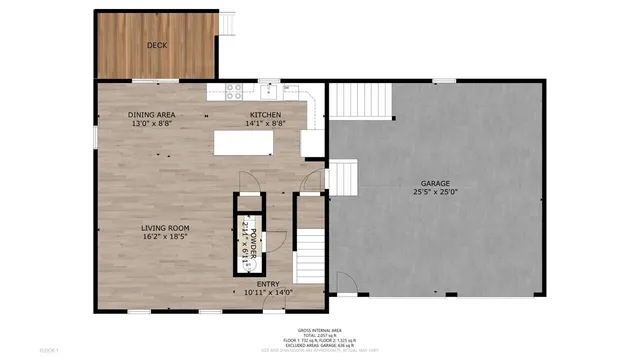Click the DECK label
coord(156,45)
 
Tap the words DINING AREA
coord(152,116)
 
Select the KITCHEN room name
coord(266,116)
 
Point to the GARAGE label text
coord(435,183)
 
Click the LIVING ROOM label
coord(165,228)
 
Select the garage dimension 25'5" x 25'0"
coord(435,192)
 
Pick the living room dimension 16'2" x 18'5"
coord(165,238)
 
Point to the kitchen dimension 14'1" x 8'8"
coord(266,125)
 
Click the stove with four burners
coord(234,90)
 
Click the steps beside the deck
coord(228,24)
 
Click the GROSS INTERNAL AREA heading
coord(320,330)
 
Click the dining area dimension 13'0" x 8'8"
coord(152,125)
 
